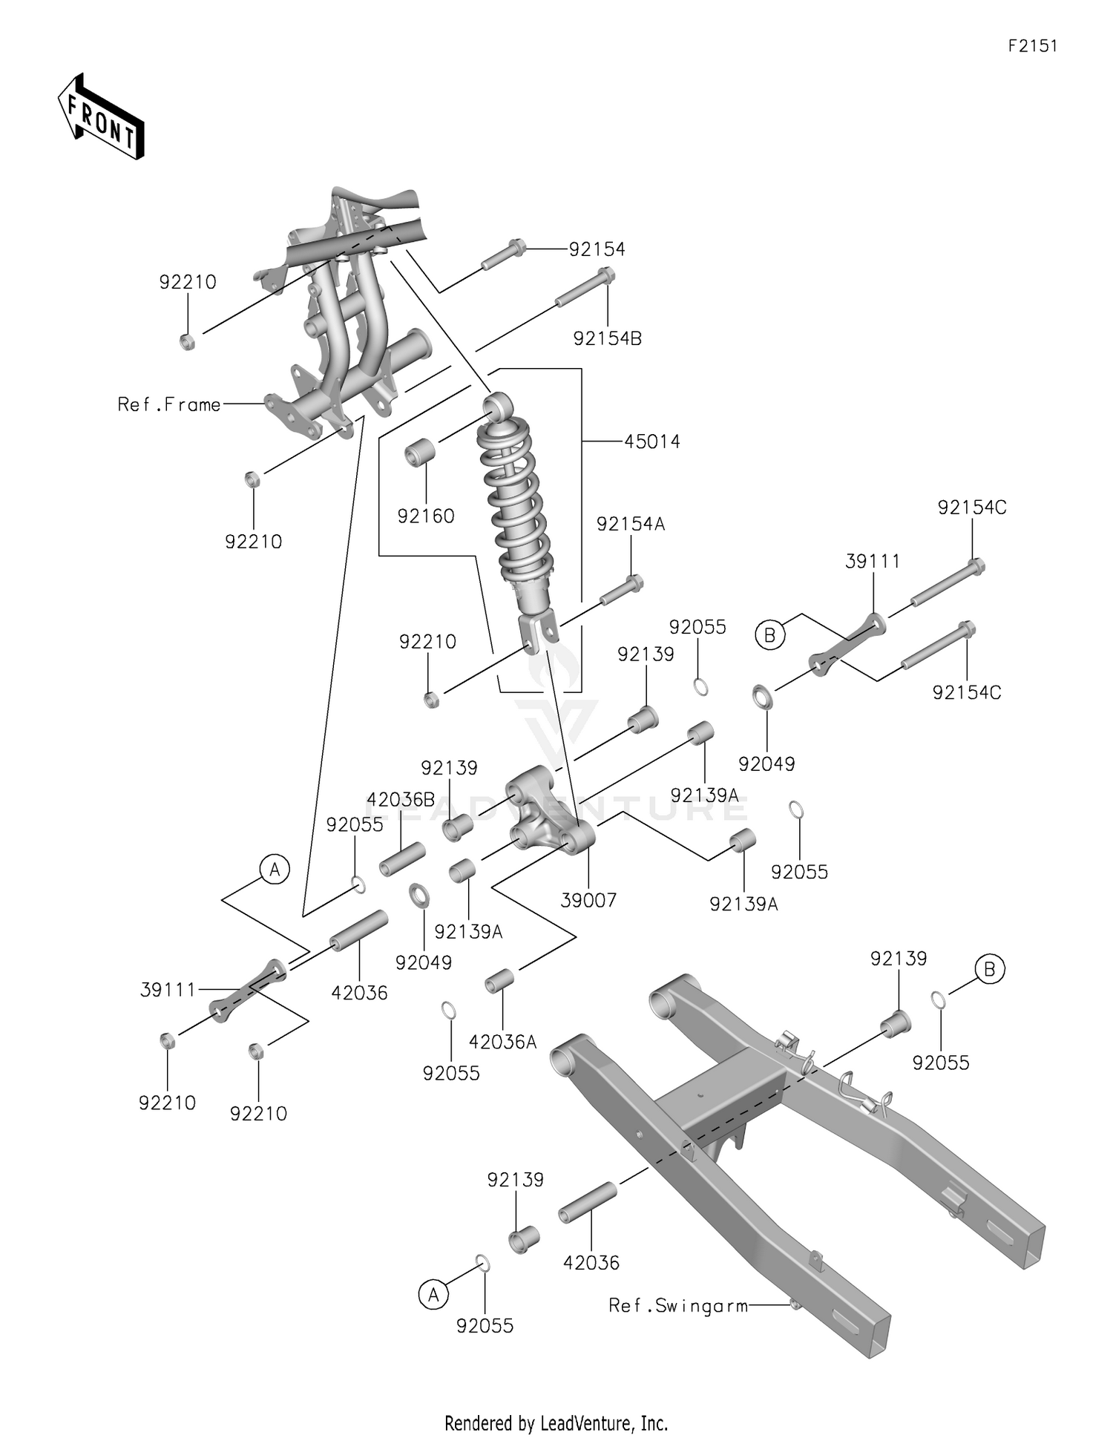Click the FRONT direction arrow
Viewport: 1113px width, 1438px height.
tap(100, 117)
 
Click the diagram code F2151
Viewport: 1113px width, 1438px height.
tap(1032, 46)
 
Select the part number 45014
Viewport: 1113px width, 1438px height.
tap(651, 441)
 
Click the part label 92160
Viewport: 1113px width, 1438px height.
tap(425, 516)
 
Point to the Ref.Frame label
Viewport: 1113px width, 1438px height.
tap(169, 404)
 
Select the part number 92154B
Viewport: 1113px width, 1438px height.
tap(607, 338)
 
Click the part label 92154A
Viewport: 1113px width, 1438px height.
tap(631, 524)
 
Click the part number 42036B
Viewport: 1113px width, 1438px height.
tap(401, 800)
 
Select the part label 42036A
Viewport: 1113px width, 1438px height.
tap(502, 1042)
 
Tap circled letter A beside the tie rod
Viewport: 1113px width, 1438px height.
tap(275, 868)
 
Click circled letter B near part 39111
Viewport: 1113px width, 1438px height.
tap(769, 635)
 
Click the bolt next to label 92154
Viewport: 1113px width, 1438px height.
tap(504, 255)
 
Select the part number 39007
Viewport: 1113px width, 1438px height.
tap(588, 900)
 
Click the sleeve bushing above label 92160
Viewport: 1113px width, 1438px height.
tap(420, 452)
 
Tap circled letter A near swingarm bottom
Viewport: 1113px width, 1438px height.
tap(433, 1295)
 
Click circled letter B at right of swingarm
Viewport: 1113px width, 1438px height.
tap(989, 969)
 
